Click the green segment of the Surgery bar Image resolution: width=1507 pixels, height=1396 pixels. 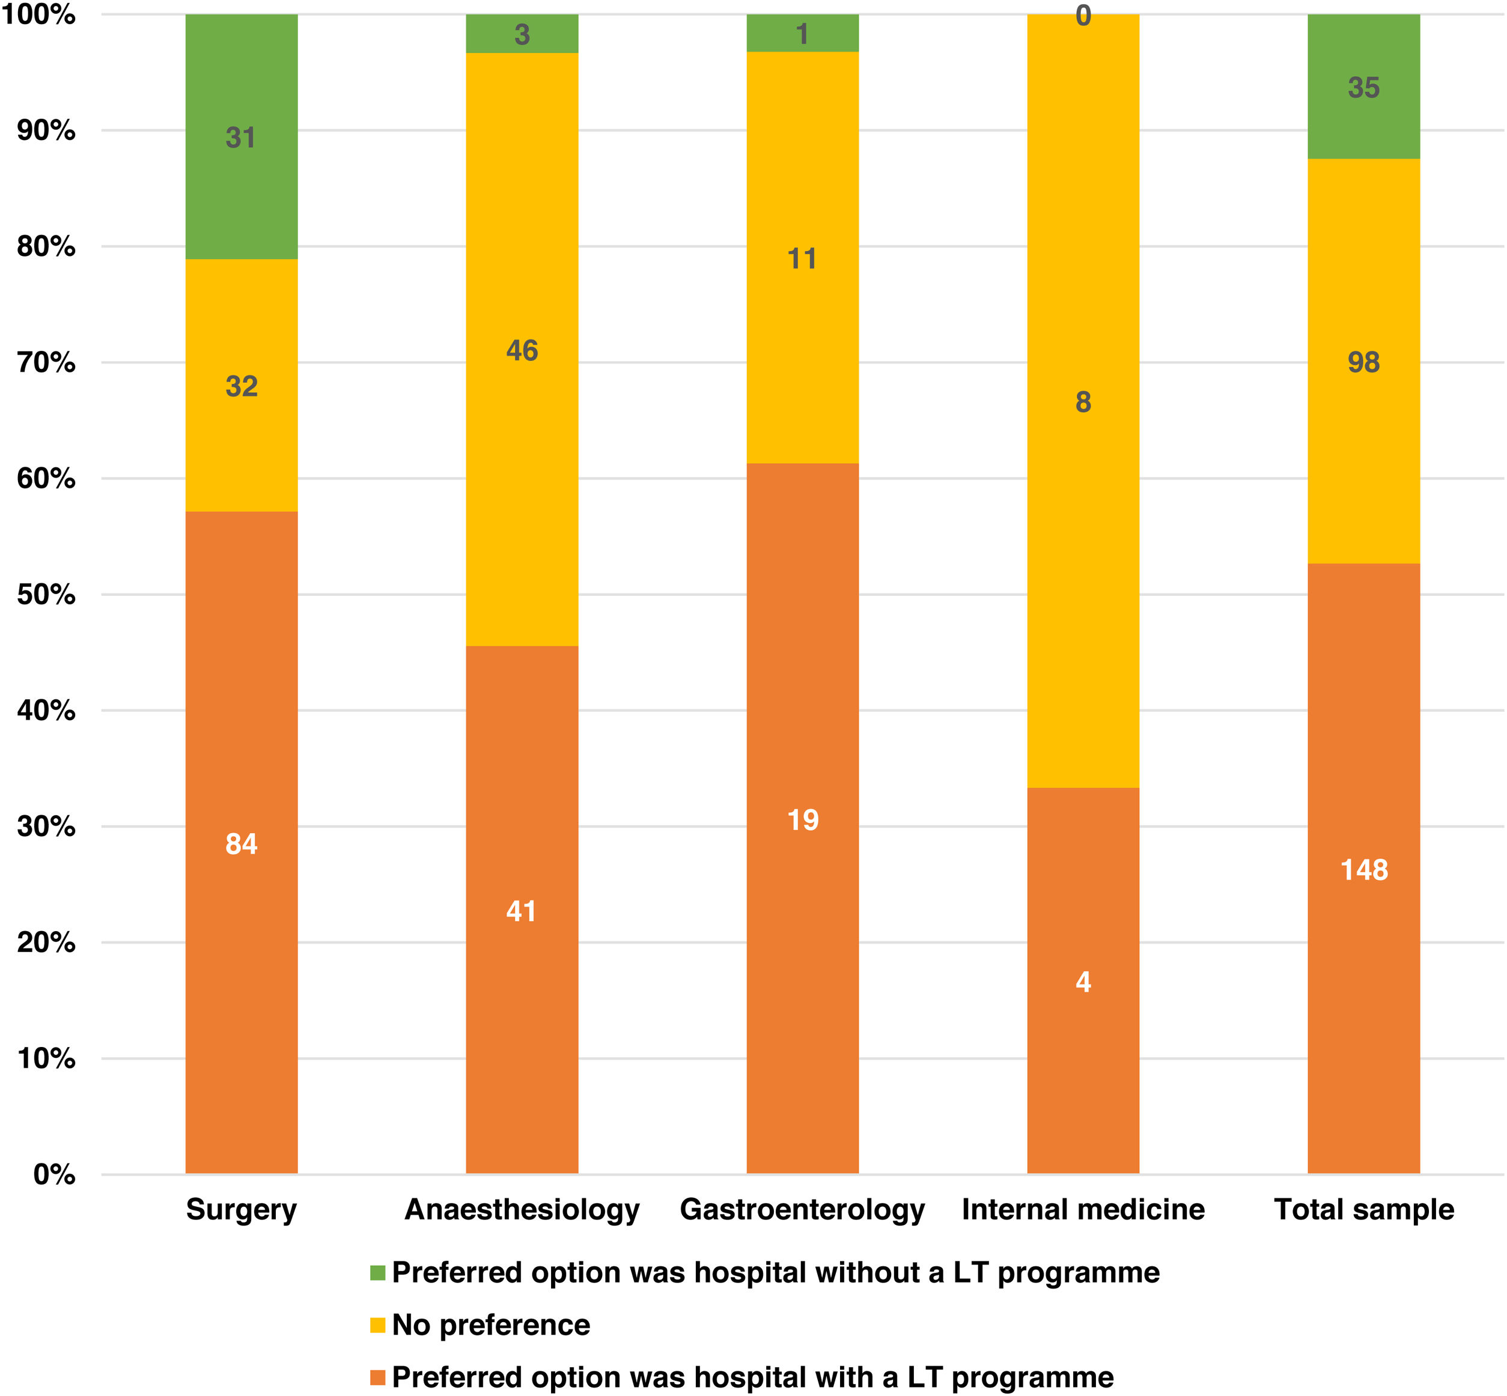pyautogui.click(x=241, y=137)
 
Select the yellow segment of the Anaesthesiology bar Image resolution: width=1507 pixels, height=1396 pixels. pyautogui.click(x=522, y=349)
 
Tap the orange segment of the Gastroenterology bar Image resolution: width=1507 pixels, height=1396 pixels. pyautogui.click(x=803, y=819)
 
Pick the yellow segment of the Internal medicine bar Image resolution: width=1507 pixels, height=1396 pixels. pyautogui.click(x=1083, y=401)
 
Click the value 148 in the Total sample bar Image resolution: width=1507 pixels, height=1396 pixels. pyautogui.click(x=1364, y=869)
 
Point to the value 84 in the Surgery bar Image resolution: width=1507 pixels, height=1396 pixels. pyautogui.click(x=241, y=844)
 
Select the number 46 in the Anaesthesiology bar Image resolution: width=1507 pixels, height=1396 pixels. pyautogui.click(x=522, y=351)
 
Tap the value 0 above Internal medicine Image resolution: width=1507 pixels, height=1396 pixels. pyautogui.click(x=1083, y=16)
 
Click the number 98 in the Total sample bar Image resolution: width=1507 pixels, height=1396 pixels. pyautogui.click(x=1364, y=363)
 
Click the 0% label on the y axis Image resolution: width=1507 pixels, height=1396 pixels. pyautogui.click(x=55, y=1175)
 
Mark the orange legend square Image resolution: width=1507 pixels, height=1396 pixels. pyautogui.click(x=378, y=1378)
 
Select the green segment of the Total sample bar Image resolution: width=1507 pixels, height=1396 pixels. pyautogui.click(x=1364, y=87)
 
